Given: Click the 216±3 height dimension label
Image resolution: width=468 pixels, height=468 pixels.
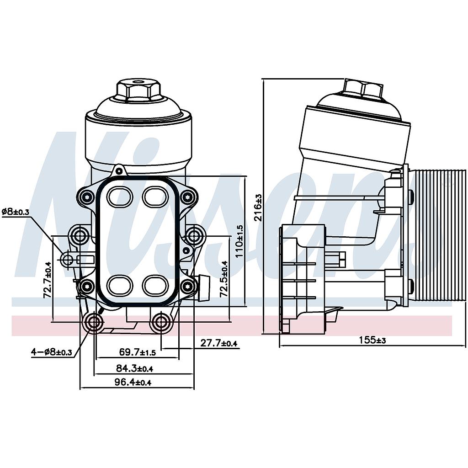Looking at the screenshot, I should pyautogui.click(x=258, y=207).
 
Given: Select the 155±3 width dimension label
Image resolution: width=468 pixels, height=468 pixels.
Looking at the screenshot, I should pyautogui.click(x=372, y=340).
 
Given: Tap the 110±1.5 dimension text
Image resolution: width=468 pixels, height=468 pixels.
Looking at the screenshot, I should pyautogui.click(x=239, y=241).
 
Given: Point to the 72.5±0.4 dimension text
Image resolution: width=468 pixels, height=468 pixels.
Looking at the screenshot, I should pyautogui.click(x=224, y=279).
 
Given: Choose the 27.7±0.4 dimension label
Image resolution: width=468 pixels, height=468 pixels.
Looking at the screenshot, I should pyautogui.click(x=219, y=343).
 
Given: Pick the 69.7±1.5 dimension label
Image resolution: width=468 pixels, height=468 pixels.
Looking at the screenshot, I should pyautogui.click(x=138, y=352).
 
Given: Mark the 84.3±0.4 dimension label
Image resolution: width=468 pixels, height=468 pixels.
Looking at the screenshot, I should pyautogui.click(x=134, y=368).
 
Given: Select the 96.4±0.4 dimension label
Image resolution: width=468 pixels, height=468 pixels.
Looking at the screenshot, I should pyautogui.click(x=133, y=382).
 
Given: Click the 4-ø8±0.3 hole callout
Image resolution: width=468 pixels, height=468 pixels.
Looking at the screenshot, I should pyautogui.click(x=52, y=352).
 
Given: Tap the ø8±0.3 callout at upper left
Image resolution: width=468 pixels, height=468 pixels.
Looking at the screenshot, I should pyautogui.click(x=16, y=212).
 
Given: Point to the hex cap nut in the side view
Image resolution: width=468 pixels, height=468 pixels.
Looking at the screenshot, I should pyautogui.click(x=363, y=88).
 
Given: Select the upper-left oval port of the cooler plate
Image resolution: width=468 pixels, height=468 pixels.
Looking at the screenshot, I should pyautogui.click(x=120, y=197).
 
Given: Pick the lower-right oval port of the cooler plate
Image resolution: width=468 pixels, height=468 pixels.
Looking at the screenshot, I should pyautogui.click(x=156, y=285).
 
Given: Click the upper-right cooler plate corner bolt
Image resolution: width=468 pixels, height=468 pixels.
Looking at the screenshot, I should pyautogui.click(x=188, y=197).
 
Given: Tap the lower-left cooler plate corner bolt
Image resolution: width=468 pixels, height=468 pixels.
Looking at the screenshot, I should pyautogui.click(x=87, y=287).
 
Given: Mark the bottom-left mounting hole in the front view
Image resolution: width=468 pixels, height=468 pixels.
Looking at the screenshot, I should pyautogui.click(x=94, y=322).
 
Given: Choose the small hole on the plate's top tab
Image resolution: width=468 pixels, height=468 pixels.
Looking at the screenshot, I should pyautogui.click(x=119, y=171).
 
